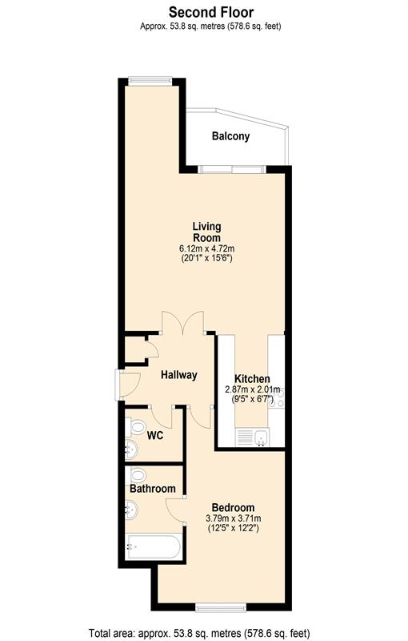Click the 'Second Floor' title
(212, 12)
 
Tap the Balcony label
(230, 136)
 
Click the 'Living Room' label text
(206, 232)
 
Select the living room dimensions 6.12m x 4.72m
(206, 248)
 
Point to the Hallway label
(178, 375)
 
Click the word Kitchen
(252, 379)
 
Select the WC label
(155, 436)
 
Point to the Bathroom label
(153, 489)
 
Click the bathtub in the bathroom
(152, 549)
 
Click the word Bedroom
(233, 508)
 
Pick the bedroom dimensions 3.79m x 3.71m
(233, 519)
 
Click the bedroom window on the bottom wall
(221, 607)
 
